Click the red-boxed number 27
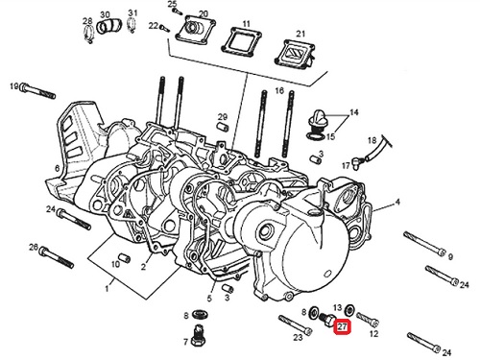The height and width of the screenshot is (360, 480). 342,326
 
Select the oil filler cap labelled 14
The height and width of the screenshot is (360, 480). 317,120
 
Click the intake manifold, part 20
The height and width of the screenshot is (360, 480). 195,31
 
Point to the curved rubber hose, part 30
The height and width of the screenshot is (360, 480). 108,27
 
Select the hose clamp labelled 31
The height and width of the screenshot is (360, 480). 131,25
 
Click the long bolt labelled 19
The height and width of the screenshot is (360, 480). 37,91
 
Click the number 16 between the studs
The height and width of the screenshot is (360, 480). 279,91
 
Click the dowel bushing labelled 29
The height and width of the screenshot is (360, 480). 223,127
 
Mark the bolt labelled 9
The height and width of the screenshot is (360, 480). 424,243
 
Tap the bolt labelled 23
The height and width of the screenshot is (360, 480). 295,325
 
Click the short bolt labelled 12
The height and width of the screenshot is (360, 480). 368,318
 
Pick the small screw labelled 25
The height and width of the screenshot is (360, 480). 177,12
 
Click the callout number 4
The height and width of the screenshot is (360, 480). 397,202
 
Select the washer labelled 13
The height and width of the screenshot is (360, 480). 349,310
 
